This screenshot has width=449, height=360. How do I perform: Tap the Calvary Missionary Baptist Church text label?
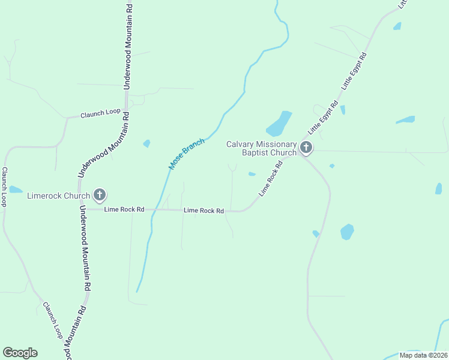pyautogui.click(x=261, y=148)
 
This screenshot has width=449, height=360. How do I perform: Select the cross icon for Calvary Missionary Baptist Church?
pyautogui.click(x=306, y=147)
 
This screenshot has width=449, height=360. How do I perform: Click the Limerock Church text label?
pyautogui.click(x=59, y=195)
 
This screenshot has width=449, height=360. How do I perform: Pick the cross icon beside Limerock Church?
pyautogui.click(x=100, y=195)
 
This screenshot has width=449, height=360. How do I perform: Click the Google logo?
pyautogui.click(x=20, y=352)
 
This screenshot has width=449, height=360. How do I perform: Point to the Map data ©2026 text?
pyautogui.click(x=423, y=355)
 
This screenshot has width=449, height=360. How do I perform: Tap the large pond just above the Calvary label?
pyautogui.click(x=279, y=124)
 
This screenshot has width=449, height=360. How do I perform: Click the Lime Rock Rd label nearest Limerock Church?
pyautogui.click(x=124, y=209)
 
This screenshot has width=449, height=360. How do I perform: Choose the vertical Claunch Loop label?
pyautogui.click(x=4, y=187)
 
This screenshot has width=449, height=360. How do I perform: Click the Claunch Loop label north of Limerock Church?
pyautogui.click(x=100, y=113)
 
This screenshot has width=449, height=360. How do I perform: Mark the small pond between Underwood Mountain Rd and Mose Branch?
pyautogui.click(x=146, y=143)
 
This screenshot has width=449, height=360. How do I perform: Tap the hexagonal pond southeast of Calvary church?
pyautogui.click(x=347, y=232)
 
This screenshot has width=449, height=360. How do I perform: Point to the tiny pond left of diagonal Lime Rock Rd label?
pyautogui.click(x=252, y=174)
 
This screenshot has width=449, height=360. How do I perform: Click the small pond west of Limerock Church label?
pyautogui.click(x=15, y=190)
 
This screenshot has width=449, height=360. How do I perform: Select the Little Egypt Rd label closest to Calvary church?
pyautogui.click(x=323, y=118)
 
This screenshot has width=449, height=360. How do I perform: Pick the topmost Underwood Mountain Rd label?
pyautogui.click(x=128, y=47)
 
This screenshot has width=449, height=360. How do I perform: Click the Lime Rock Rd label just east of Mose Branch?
pyautogui.click(x=203, y=211)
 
